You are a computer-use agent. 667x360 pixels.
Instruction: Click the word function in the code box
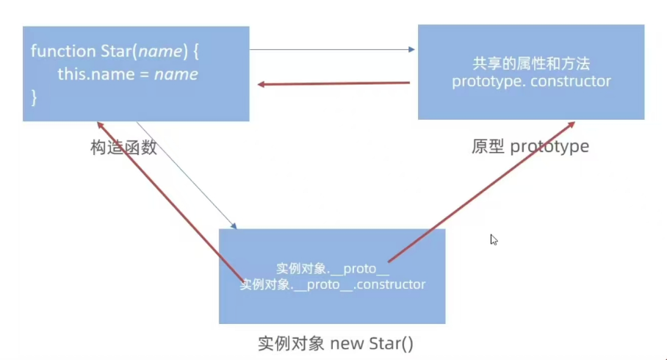tap(62, 51)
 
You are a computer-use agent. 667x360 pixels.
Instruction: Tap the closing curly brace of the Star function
tap(34, 96)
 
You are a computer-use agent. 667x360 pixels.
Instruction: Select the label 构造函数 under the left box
tap(123, 147)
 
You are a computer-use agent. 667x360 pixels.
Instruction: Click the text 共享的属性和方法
tap(531, 63)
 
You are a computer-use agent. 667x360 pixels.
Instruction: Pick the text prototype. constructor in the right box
tap(531, 81)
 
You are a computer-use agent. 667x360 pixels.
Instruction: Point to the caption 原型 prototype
tap(530, 146)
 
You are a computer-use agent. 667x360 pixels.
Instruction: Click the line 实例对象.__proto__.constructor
tap(333, 284)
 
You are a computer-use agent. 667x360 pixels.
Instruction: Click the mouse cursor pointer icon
tap(494, 240)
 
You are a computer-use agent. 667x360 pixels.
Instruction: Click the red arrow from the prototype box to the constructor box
tap(334, 84)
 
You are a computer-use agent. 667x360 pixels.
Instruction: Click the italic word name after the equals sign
tap(176, 74)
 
